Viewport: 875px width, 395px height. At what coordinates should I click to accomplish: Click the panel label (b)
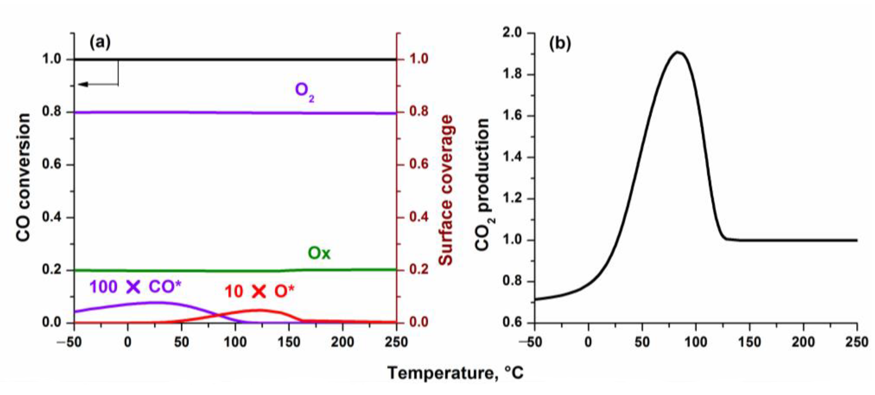point(560,44)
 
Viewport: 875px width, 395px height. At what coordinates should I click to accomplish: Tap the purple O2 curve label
point(304,92)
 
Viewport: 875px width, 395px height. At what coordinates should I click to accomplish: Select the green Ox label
point(319,253)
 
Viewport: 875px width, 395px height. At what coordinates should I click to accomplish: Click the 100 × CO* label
point(135,287)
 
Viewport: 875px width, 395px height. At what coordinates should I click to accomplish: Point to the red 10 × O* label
point(259,291)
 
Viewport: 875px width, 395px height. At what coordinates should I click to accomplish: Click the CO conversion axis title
point(23,177)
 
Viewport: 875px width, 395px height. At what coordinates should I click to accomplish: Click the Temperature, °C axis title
point(455,373)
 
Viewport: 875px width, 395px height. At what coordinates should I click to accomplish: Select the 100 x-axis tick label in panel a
point(235,342)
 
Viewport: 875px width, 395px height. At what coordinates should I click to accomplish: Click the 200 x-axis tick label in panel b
point(803,342)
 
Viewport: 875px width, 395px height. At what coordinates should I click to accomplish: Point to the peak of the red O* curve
point(259,310)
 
